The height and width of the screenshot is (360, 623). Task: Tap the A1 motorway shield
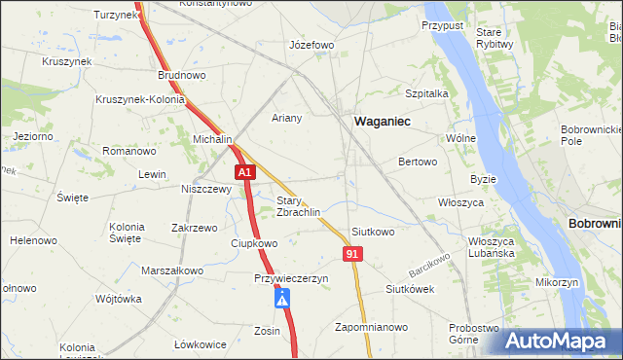(245, 172)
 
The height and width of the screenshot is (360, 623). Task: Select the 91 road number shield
(353, 253)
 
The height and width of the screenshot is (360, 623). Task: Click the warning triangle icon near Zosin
(282, 302)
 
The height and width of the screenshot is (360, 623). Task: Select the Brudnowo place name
(182, 74)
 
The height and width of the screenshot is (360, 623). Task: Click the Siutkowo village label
(373, 232)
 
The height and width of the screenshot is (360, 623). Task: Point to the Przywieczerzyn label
(291, 278)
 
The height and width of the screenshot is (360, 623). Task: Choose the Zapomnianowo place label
(370, 326)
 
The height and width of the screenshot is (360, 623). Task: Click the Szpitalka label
(425, 93)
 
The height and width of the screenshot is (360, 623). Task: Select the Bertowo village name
(417, 162)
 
